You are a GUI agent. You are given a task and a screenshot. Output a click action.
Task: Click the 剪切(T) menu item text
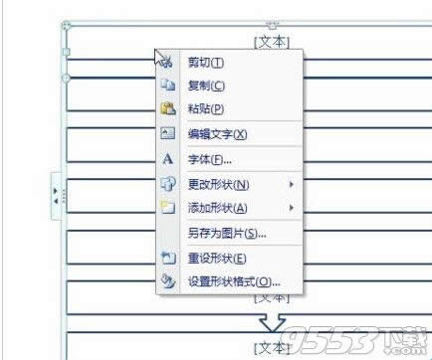206,62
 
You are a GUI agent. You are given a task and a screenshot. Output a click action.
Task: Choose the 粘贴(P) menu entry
206,108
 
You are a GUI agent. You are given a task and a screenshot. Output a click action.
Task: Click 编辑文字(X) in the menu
217,134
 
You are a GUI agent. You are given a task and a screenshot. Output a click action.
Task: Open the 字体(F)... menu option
209,159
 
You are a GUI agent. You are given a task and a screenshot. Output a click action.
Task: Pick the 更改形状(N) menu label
218,184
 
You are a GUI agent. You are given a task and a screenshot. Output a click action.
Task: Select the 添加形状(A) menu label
218,208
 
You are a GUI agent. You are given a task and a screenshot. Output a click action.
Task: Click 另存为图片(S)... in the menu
227,234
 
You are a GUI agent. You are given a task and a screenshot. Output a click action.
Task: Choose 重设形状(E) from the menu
216,258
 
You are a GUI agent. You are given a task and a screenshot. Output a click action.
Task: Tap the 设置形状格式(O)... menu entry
234,281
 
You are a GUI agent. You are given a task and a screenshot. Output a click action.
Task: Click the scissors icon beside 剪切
167,62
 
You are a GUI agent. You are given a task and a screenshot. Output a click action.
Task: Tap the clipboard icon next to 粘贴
167,108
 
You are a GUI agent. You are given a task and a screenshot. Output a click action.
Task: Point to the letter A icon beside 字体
167,159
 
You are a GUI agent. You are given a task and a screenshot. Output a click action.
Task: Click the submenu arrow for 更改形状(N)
292,184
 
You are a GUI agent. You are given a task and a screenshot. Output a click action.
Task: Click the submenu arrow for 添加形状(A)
292,208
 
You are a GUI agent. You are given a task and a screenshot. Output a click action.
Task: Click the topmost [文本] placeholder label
271,41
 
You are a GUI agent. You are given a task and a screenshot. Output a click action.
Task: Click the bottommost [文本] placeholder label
271,347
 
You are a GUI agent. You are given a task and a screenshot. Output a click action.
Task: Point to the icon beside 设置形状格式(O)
167,281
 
